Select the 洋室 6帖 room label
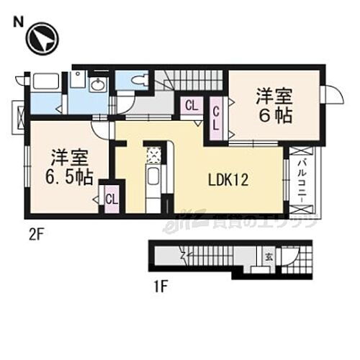point(271,105)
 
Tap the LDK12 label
point(230,181)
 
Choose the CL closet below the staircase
point(191,107)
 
